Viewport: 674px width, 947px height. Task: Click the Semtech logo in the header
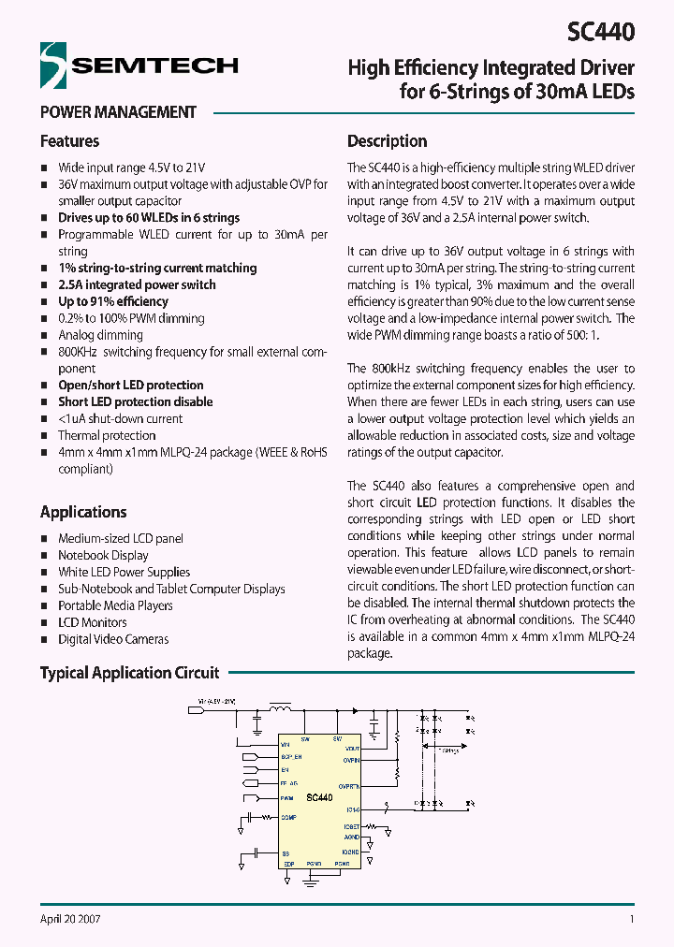click(x=139, y=65)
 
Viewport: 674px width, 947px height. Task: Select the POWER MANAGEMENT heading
click(x=118, y=112)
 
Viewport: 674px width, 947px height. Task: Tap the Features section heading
click(x=69, y=141)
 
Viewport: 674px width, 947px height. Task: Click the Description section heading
click(x=387, y=141)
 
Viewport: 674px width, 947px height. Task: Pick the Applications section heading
click(x=83, y=512)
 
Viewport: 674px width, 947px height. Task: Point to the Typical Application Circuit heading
click(x=129, y=673)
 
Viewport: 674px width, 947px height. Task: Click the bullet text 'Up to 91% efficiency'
click(x=112, y=301)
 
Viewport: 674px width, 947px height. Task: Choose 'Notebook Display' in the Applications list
click(x=103, y=555)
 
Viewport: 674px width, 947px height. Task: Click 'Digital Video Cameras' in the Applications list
click(x=113, y=639)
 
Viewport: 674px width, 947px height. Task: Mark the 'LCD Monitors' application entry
click(x=93, y=622)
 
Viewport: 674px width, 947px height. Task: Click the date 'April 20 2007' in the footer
click(x=70, y=919)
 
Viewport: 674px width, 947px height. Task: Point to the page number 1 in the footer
click(x=632, y=919)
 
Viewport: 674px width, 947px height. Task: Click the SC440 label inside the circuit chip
click(x=319, y=797)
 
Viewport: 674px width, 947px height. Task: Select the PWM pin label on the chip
click(x=286, y=798)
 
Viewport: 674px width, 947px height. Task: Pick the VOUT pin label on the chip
click(x=352, y=749)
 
